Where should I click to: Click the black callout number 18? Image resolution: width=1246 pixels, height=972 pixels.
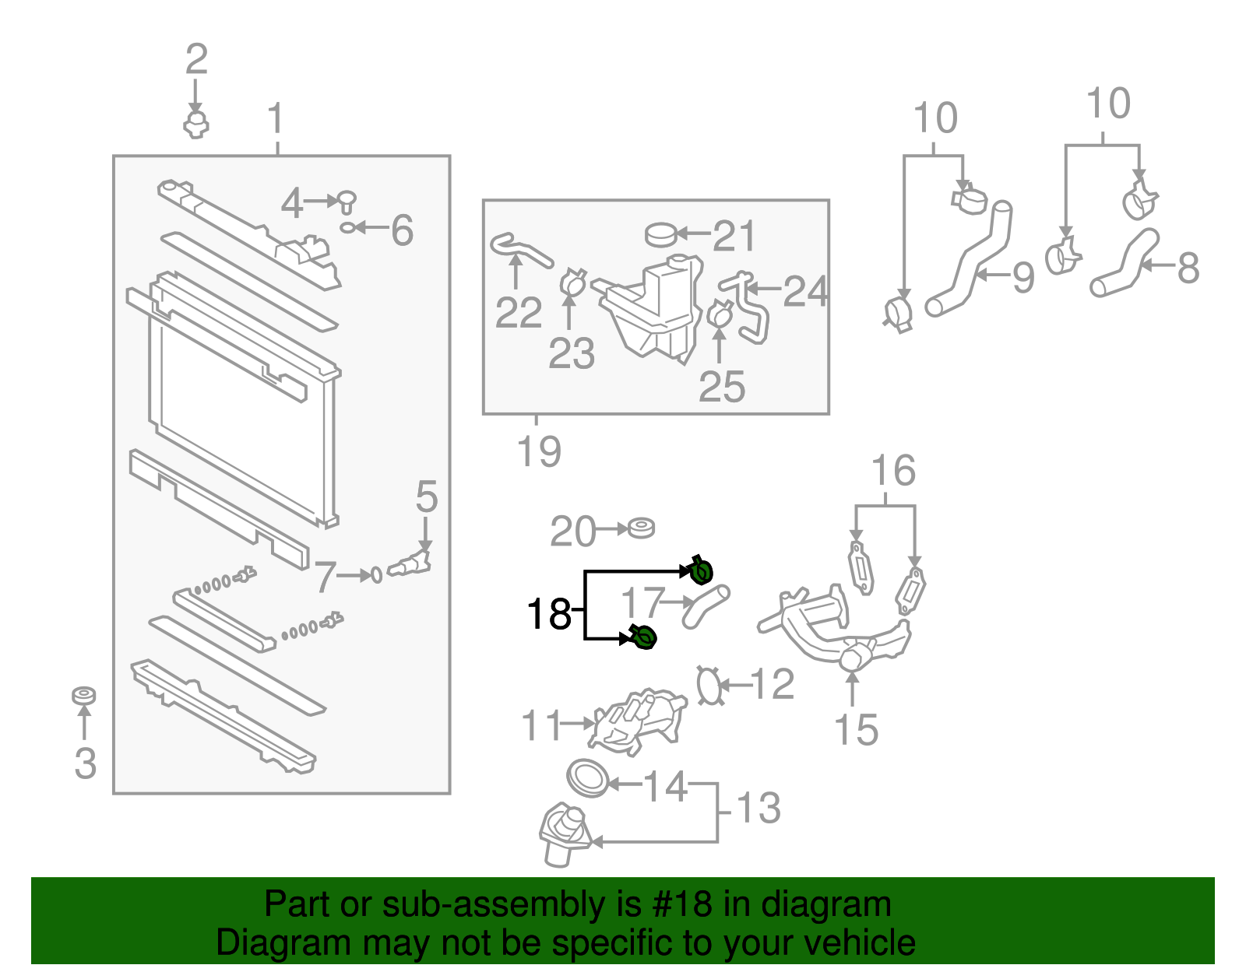coord(549,614)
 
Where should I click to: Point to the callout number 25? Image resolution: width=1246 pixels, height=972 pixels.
coord(721,386)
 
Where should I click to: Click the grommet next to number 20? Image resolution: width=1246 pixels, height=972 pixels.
coord(642,528)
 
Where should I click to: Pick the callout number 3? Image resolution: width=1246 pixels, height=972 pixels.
coord(85,763)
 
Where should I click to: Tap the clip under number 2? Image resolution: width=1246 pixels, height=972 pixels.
coord(196,125)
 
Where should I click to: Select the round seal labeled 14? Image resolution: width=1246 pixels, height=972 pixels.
coord(588,778)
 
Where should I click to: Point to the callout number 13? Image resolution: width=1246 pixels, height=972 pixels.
coord(758,808)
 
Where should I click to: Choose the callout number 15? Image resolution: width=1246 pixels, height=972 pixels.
coord(856,730)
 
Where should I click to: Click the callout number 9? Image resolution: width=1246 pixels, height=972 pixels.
coord(1023,277)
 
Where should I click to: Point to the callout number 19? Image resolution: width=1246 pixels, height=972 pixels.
coord(539,451)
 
